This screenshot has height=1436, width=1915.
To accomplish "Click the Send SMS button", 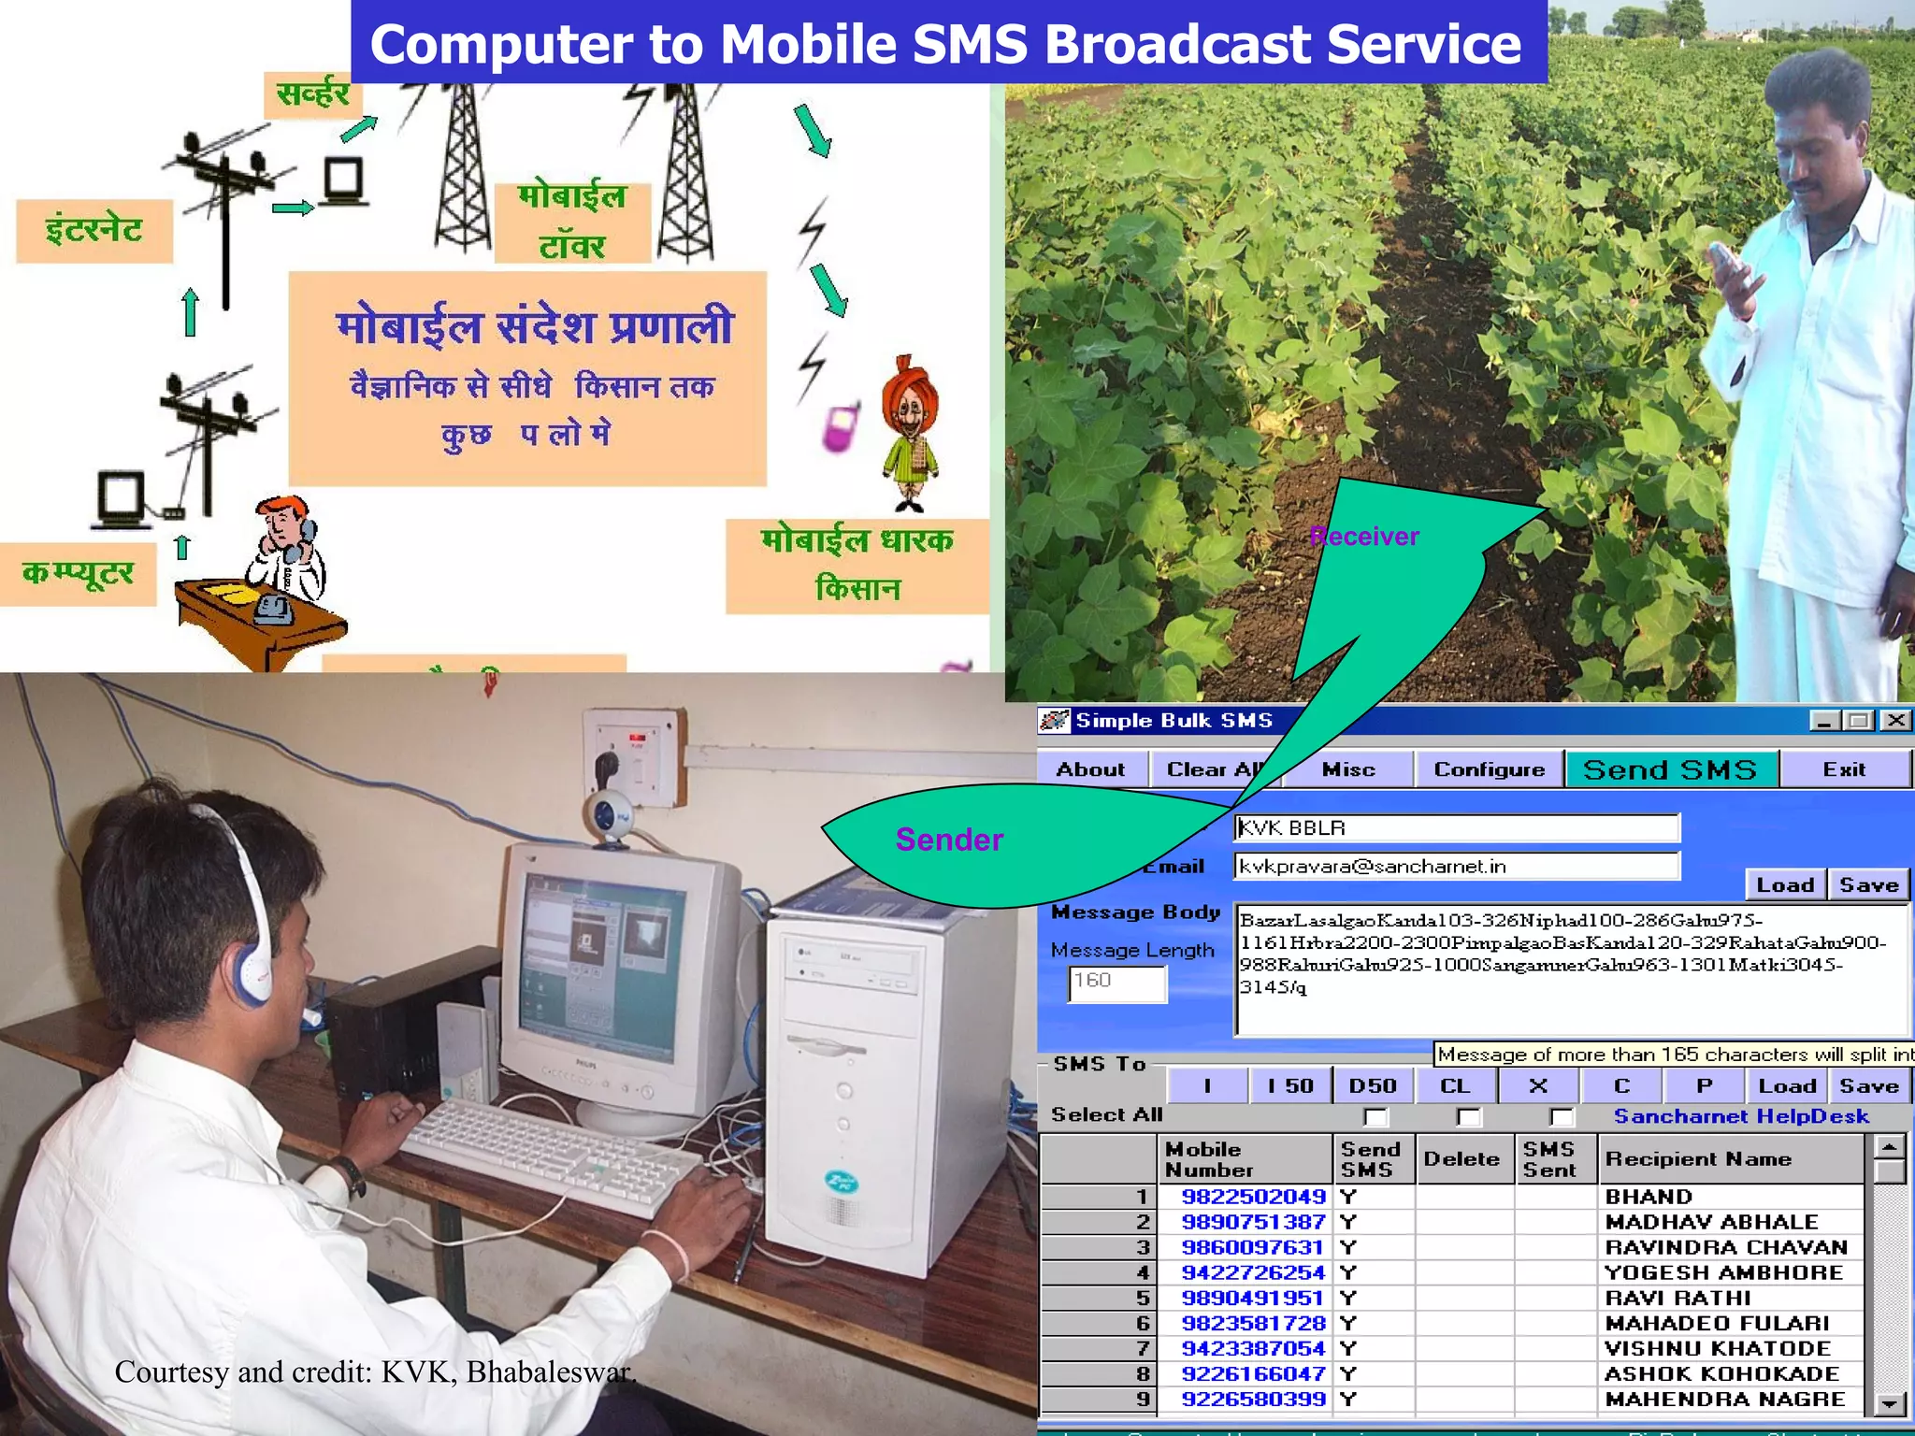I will point(1671,769).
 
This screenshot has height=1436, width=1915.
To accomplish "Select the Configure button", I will point(1489,769).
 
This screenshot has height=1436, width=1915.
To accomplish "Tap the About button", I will point(1090,769).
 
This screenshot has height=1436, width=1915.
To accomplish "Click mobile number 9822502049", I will point(1253,1197).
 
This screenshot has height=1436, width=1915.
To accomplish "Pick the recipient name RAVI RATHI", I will point(1677,1298).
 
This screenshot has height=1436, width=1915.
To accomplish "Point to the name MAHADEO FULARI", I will point(1717,1323).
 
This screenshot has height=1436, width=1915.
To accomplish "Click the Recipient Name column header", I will point(1698,1159).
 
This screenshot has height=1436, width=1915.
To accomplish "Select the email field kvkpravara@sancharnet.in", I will point(1456,866).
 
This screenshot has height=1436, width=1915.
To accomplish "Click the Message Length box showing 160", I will point(1117,983).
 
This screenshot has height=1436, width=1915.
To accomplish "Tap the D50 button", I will point(1373,1086).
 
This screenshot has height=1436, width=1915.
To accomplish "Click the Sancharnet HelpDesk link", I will point(1741,1116).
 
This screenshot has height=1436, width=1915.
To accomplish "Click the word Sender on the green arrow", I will point(949,840).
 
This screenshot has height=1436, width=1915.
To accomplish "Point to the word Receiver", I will point(1364,537).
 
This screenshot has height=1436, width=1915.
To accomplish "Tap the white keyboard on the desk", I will point(552,1155).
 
